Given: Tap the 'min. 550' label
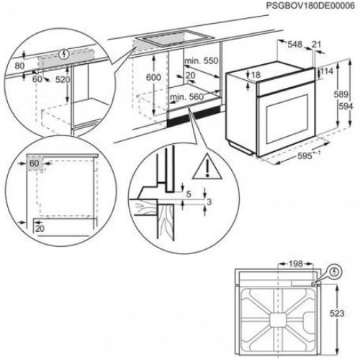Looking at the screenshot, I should click(199, 63).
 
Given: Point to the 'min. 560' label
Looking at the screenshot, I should click(185, 96).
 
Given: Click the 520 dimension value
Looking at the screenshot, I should click(64, 79).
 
